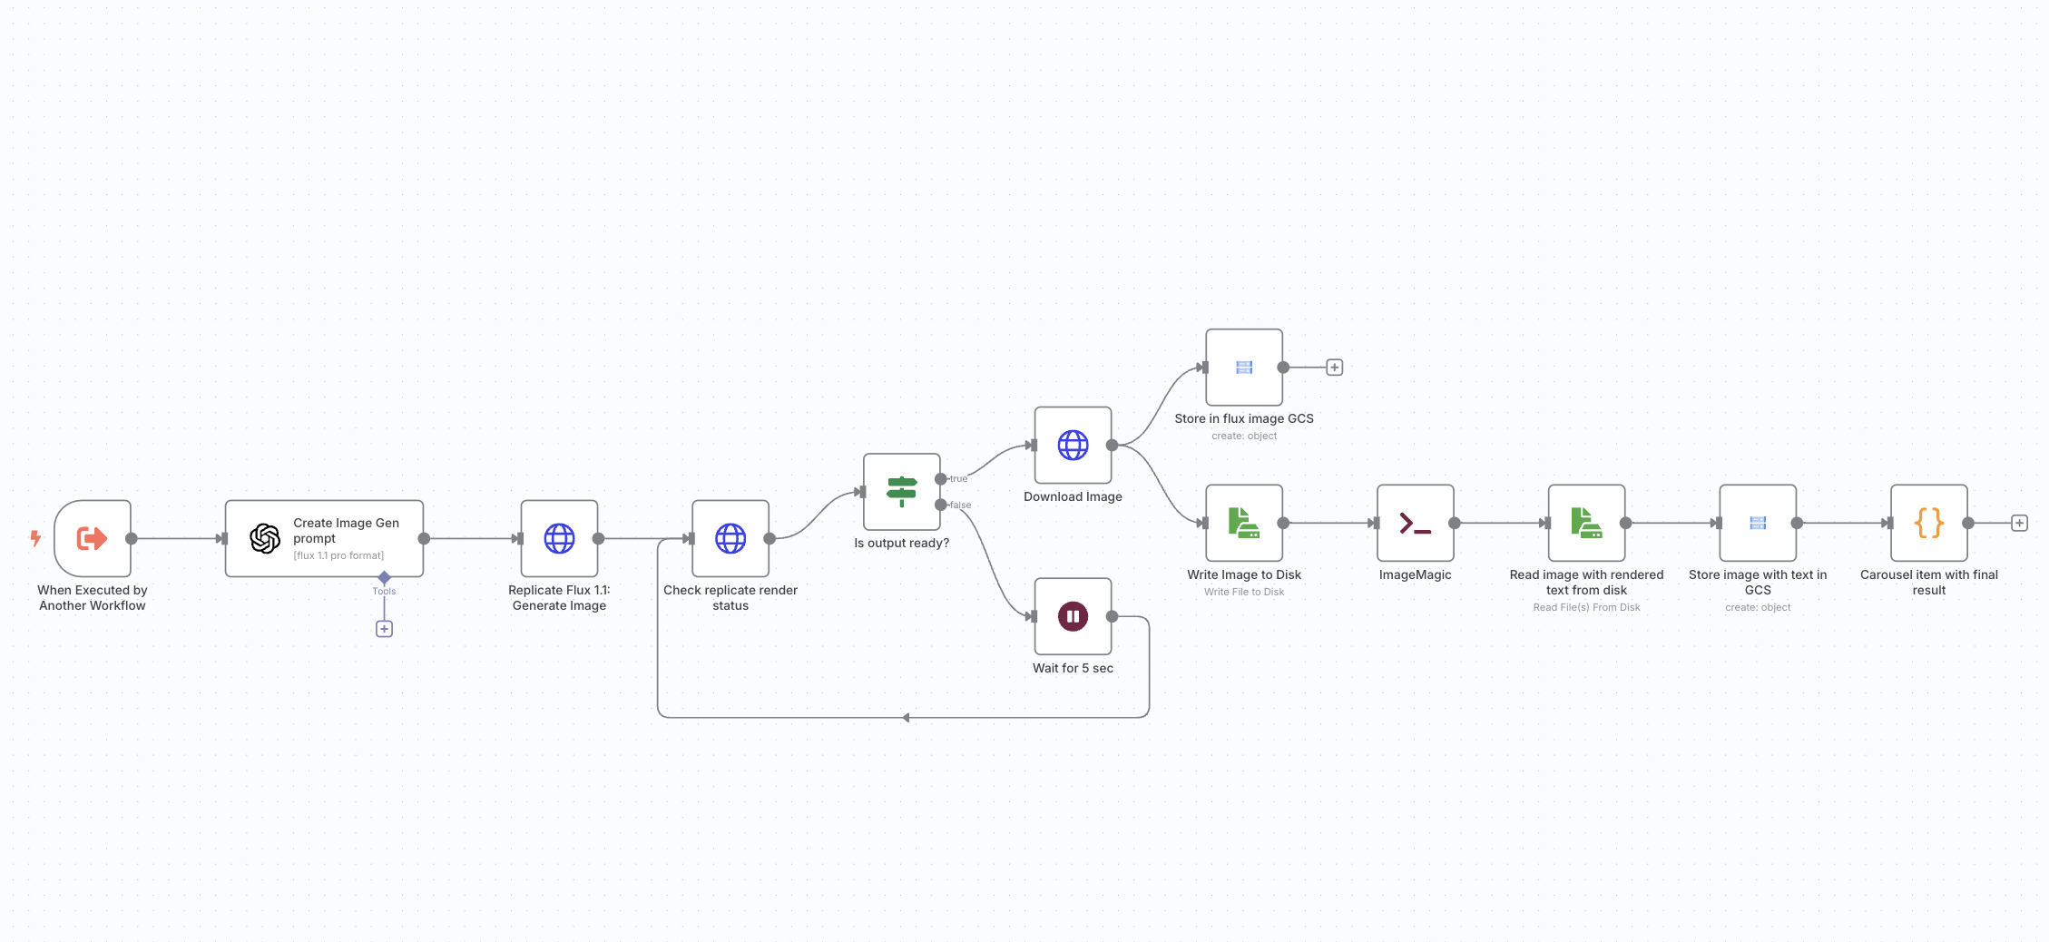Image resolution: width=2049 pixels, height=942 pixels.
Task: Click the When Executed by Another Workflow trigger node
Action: (92, 538)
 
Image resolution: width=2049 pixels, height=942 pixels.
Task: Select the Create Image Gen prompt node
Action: (324, 538)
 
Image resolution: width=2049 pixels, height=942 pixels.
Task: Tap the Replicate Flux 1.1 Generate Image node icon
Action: (559, 538)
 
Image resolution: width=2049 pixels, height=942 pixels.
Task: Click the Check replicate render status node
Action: (730, 538)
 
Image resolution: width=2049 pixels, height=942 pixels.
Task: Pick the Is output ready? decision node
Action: (901, 492)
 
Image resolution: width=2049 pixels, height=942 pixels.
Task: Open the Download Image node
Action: (1073, 445)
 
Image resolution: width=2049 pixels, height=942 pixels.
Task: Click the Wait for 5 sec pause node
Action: (1073, 616)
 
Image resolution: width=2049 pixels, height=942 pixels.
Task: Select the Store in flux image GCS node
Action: (1244, 368)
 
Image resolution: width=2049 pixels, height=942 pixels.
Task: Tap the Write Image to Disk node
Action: (1244, 523)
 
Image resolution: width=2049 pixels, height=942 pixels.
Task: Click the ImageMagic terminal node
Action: (1415, 523)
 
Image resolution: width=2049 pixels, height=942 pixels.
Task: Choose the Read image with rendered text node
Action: (1586, 523)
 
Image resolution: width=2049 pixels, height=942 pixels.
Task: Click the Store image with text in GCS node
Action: (1758, 523)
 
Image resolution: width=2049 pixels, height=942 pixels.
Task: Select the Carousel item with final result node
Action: (1928, 523)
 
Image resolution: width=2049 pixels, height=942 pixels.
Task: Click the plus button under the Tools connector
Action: (384, 629)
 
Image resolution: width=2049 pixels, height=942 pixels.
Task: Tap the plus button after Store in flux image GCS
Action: (1334, 368)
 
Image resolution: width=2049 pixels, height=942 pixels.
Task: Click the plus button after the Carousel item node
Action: (2019, 523)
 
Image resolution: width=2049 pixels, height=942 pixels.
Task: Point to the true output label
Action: (958, 478)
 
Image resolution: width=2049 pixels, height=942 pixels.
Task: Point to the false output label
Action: (960, 505)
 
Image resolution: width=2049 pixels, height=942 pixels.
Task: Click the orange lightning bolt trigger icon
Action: (35, 538)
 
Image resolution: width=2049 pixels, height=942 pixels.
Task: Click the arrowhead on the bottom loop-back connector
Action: (906, 718)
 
